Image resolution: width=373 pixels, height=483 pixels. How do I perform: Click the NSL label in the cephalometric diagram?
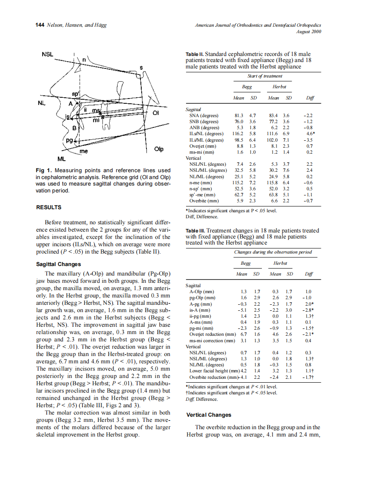coord(47,55)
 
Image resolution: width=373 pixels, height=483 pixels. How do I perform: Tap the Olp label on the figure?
coord(159,149)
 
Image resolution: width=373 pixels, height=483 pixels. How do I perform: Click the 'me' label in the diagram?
coord(84,152)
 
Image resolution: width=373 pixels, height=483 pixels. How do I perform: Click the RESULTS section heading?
coord(48,207)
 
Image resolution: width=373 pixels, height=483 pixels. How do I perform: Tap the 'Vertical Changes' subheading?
coord(208,415)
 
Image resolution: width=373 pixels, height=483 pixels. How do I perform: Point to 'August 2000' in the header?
coord(309,32)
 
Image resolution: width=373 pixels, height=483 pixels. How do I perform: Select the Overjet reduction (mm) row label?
coord(212,334)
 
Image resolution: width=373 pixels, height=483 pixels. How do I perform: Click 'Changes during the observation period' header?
coord(273,252)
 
